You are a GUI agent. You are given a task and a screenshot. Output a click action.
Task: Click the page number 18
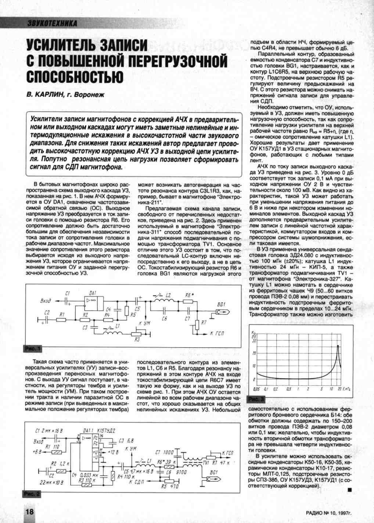point(30,512)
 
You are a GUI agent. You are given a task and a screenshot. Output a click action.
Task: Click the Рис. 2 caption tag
point(32,494)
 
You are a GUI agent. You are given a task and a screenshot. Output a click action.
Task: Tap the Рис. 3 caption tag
point(256,399)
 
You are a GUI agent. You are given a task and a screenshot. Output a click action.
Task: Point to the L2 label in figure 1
point(168,295)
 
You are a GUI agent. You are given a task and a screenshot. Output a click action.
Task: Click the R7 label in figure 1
point(204,322)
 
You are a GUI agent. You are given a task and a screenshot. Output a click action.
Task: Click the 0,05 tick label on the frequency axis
point(256,389)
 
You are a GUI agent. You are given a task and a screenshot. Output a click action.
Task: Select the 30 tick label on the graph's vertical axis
point(253,340)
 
